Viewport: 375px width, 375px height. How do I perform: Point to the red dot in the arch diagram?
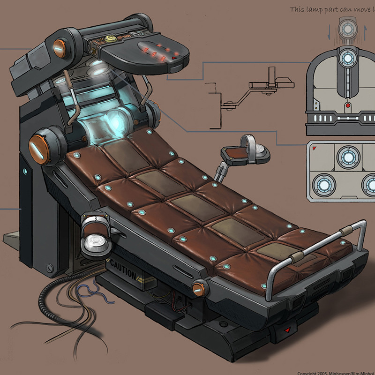(x=347, y=105)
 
